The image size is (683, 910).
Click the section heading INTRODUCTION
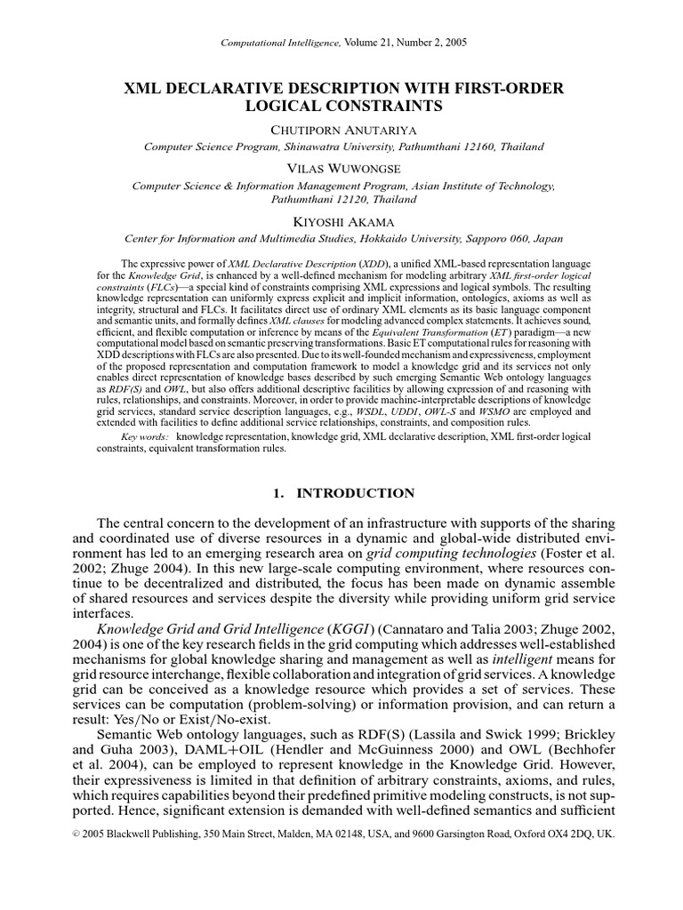356,493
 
